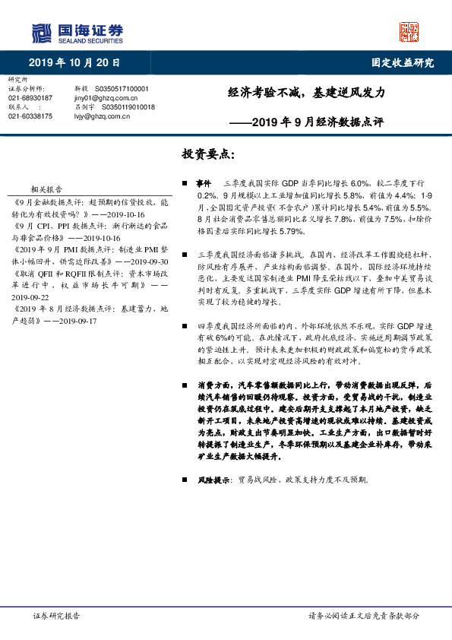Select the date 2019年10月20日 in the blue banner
pyautogui.click(x=74, y=63)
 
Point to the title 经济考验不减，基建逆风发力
pyautogui.click(x=307, y=93)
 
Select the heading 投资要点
pyautogui.click(x=208, y=154)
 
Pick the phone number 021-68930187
pyautogui.click(x=30, y=98)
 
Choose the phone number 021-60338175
pyautogui.click(x=30, y=116)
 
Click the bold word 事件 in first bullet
pyautogui.click(x=203, y=184)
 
